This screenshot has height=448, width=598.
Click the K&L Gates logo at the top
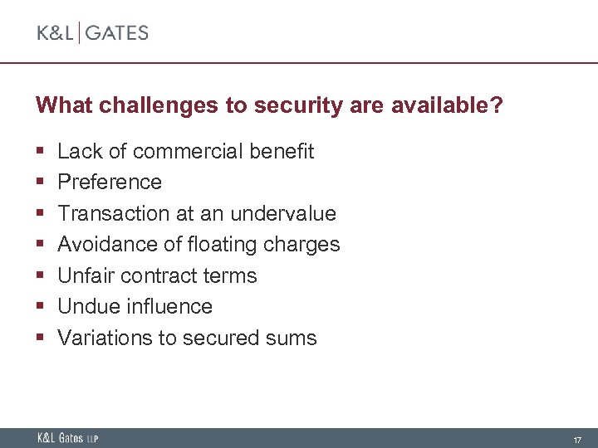92,33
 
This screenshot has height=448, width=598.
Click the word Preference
110,182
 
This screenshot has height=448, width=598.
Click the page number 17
576,438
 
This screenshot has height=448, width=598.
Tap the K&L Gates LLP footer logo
67,438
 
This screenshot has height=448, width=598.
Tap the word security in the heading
287,105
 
